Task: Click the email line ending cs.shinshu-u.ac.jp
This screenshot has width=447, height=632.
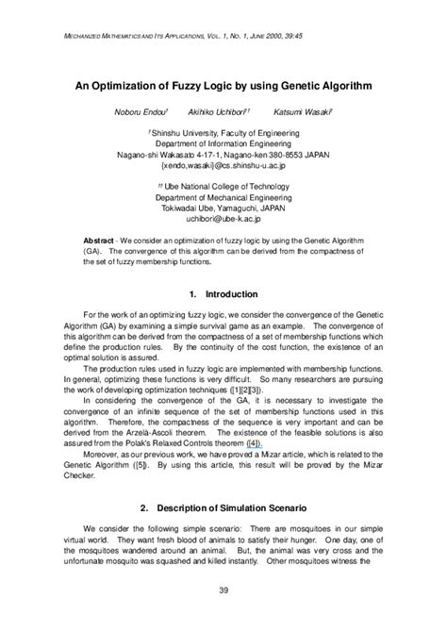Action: click(x=223, y=163)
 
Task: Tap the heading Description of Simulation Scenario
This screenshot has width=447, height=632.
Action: click(x=233, y=509)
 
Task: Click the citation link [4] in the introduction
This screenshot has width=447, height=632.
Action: click(x=253, y=441)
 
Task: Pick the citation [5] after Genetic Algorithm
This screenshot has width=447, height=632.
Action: click(x=144, y=466)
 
